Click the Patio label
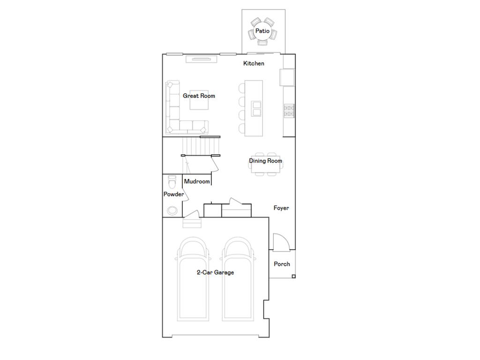pos(262,31)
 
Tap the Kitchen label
pos(254,63)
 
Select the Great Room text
pos(199,96)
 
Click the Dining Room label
pos(265,161)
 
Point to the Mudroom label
pos(197,181)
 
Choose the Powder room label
pos(173,194)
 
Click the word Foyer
pos(281,208)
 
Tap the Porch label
pos(282,264)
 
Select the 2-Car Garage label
pos(215,272)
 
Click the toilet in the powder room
pos(172,180)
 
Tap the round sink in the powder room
pos(172,210)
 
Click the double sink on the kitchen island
pos(256,108)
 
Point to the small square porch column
pos(293,277)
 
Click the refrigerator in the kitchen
pos(287,77)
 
